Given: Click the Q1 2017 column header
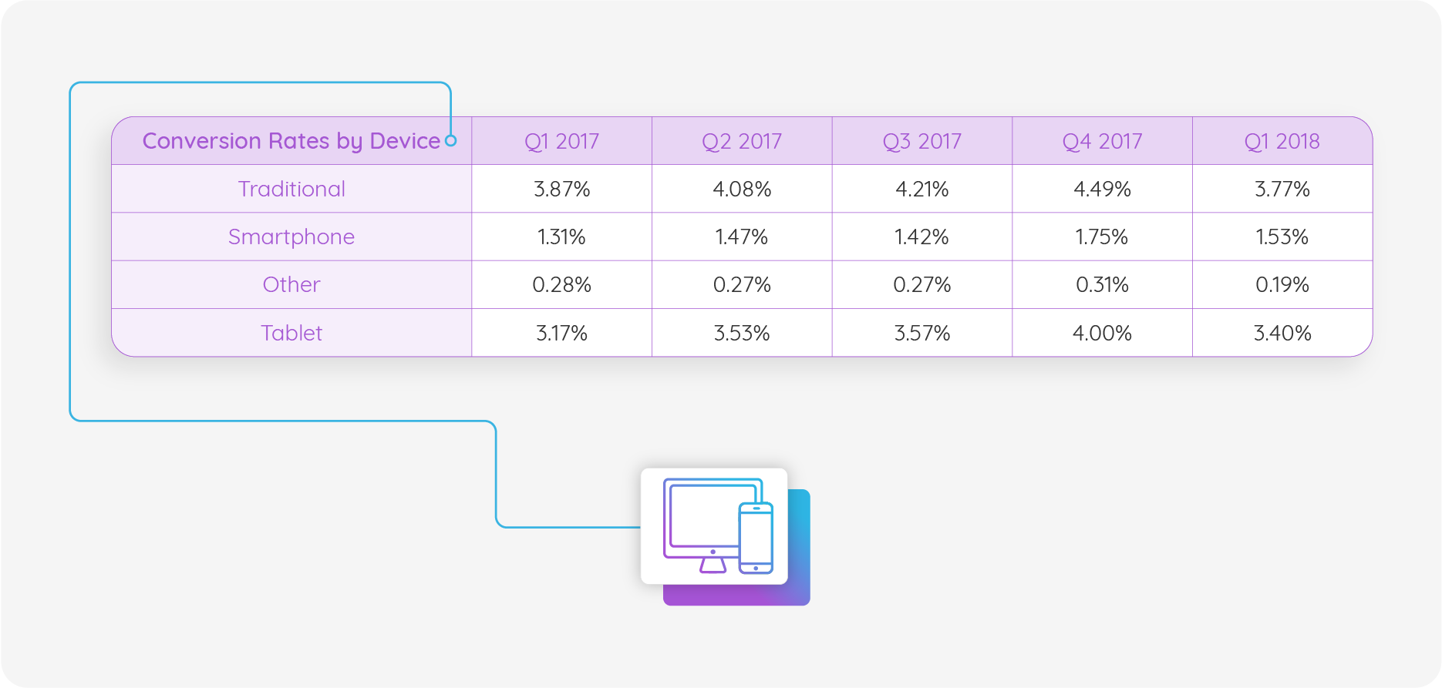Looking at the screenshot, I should [561, 142].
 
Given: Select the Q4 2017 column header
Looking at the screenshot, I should [1102, 142].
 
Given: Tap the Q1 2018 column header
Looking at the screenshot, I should [1282, 142].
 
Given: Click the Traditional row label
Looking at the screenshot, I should [291, 190].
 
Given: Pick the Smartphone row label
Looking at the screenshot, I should [291, 237].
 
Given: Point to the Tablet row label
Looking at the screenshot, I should [291, 334].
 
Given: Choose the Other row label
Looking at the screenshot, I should [291, 285].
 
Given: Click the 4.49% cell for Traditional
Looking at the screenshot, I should [1102, 190].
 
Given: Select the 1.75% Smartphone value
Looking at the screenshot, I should [1102, 237].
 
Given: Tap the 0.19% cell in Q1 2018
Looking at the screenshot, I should [1282, 285].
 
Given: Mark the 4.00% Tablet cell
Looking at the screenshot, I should [1102, 334].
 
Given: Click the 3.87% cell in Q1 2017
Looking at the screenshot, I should [561, 190].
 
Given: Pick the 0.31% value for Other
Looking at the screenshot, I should [1102, 285].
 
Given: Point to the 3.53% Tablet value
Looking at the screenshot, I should [741, 334].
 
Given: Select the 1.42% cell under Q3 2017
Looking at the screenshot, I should [921, 237].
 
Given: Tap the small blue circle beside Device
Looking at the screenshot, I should [451, 141].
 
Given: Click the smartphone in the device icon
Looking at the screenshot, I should [756, 538].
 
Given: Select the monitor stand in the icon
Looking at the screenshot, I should [713, 565].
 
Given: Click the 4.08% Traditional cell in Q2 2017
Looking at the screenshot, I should [741, 190].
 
